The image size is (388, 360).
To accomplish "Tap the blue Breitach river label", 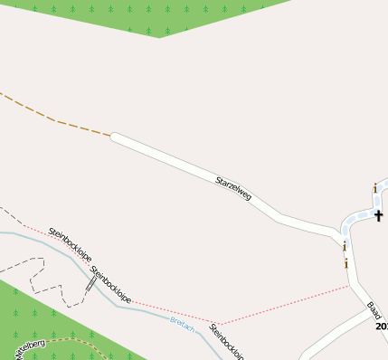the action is [x=182, y=324].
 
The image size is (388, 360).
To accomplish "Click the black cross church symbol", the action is [x=379, y=215].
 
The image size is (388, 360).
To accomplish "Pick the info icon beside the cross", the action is [x=374, y=188].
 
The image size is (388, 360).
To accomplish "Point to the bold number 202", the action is [x=381, y=326].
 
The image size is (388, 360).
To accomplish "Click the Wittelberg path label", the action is [x=29, y=348].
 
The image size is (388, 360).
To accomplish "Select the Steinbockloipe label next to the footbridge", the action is [x=111, y=284].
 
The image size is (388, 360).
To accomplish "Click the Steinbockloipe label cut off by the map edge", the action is [x=227, y=343].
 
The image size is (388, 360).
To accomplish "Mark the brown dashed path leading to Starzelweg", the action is [x=54, y=118].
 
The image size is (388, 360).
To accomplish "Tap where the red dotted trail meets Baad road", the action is [x=349, y=286].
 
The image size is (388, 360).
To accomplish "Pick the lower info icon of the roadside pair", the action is [x=345, y=263].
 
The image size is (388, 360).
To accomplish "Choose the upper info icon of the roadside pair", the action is [x=345, y=245].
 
